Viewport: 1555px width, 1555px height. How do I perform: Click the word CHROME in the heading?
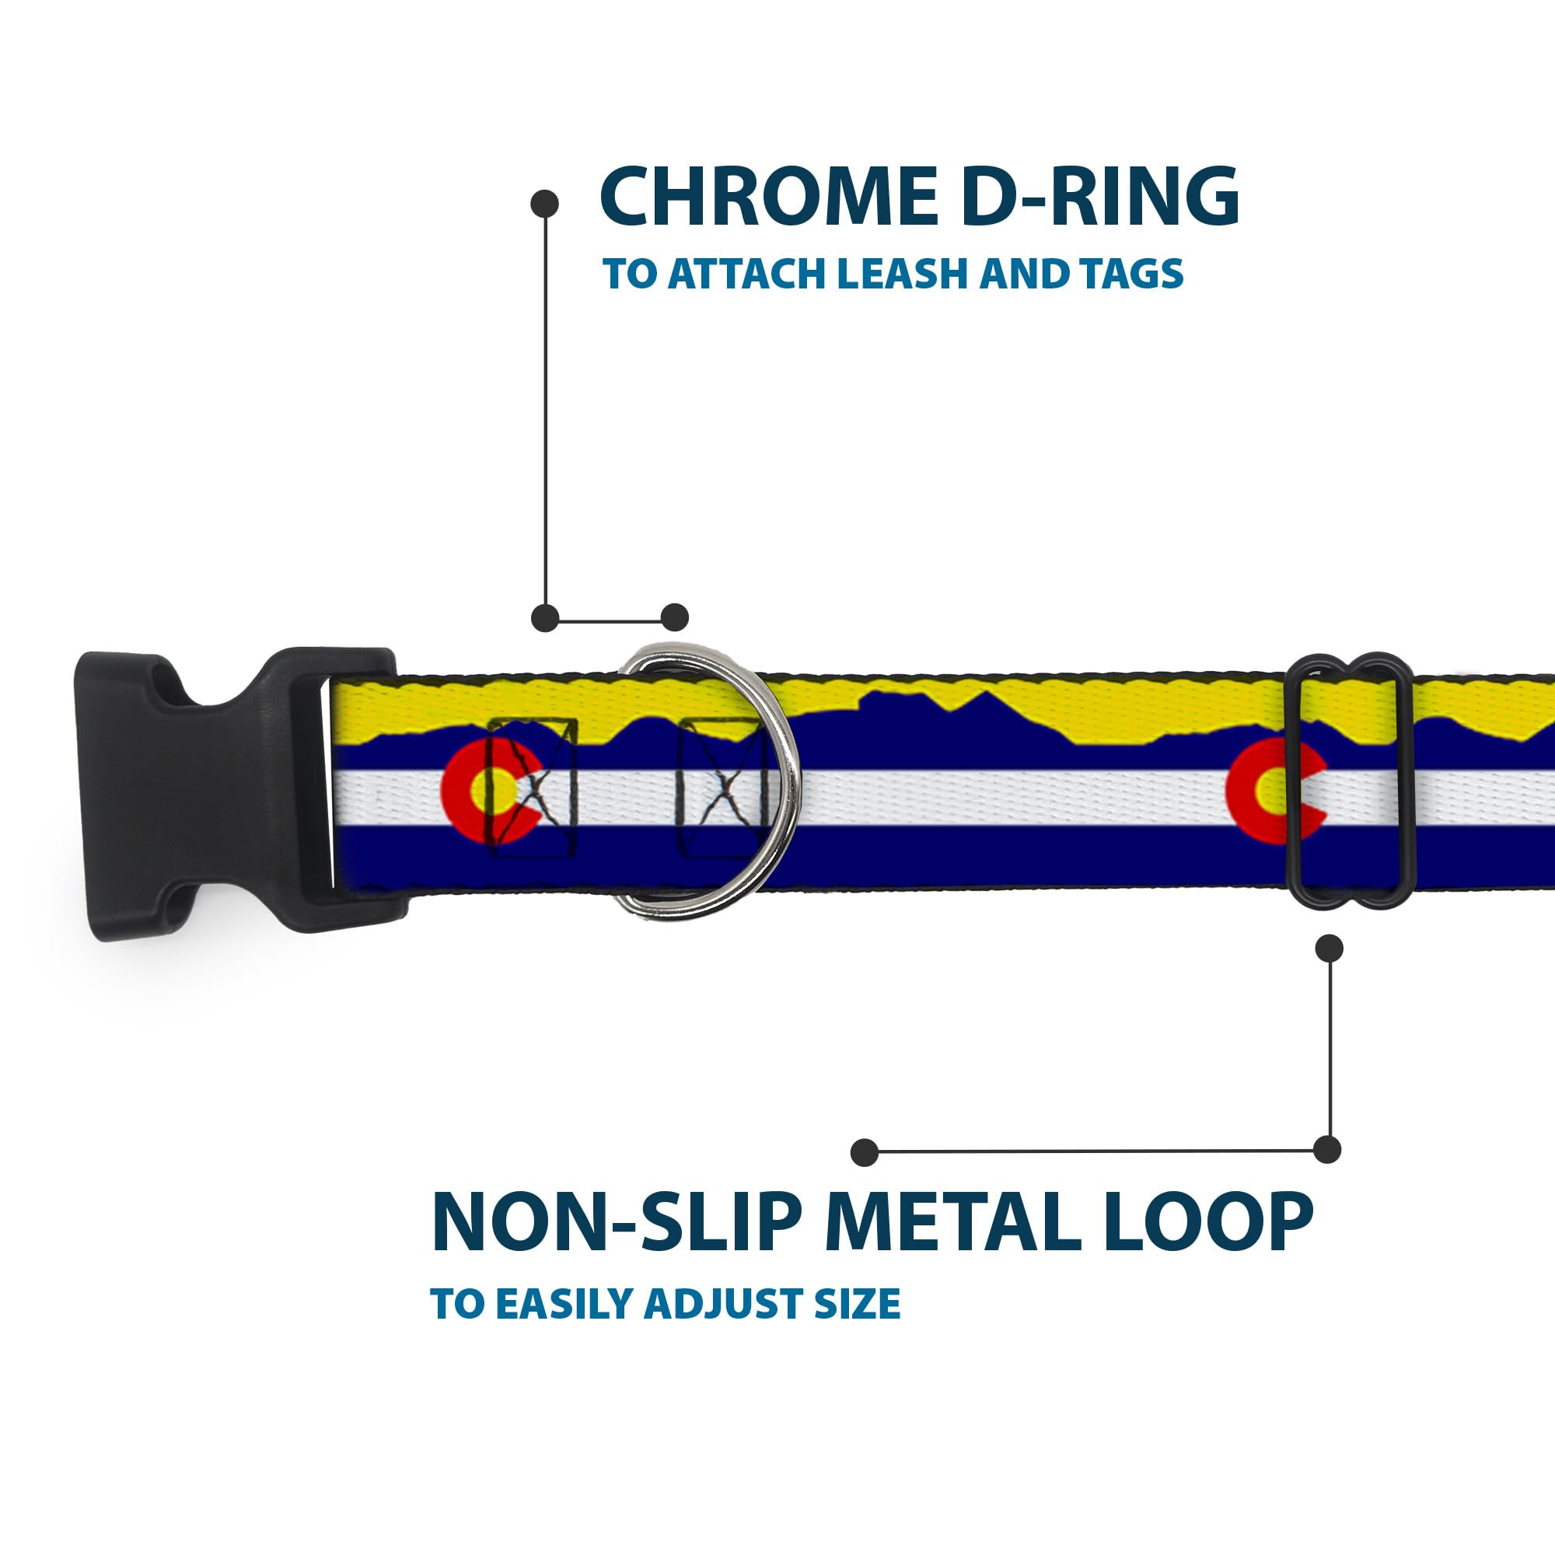click(x=770, y=197)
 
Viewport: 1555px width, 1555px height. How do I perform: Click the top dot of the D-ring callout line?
click(x=545, y=204)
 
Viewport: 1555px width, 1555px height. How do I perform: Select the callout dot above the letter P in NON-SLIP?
click(x=864, y=1151)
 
